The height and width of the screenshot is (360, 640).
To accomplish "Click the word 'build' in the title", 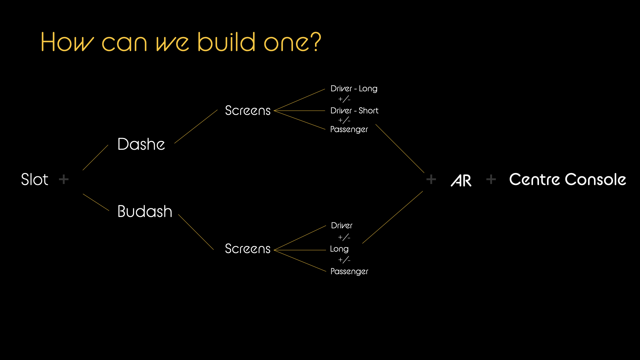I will [227, 42].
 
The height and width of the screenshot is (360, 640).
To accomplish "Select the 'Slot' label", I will [35, 179].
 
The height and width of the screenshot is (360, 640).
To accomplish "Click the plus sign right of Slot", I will [64, 179].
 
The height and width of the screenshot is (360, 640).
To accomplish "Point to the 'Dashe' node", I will [141, 144].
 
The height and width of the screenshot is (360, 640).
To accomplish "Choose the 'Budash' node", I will [145, 212].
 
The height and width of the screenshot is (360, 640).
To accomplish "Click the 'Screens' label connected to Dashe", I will [248, 111].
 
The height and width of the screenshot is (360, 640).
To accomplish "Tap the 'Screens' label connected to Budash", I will [248, 249].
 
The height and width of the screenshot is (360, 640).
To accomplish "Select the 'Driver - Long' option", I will [354, 89].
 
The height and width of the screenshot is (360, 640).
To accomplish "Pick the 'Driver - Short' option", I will [354, 111].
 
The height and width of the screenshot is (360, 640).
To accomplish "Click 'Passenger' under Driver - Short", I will [349, 129].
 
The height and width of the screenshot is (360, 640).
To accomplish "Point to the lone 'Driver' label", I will [342, 226].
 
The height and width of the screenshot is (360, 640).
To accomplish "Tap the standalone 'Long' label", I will [339, 249].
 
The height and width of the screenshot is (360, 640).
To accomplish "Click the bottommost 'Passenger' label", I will [349, 271].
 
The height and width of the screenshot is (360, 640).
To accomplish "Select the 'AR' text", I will [461, 180].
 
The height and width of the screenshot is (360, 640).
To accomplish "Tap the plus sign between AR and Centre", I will [491, 179].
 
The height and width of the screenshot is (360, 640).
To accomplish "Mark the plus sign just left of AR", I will [431, 179].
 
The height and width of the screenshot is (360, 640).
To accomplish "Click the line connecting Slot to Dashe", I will [95, 157].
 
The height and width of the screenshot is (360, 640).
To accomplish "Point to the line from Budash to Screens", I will [196, 232].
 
